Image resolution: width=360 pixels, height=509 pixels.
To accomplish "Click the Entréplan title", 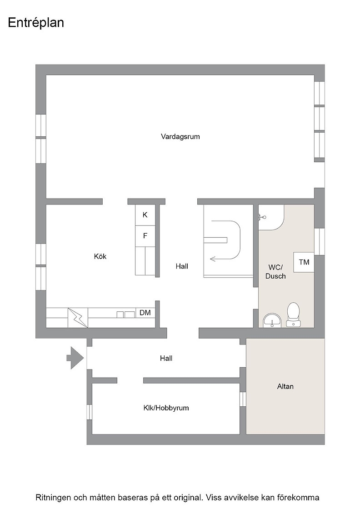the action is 36,23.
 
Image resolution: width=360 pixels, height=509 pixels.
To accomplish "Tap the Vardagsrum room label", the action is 180,136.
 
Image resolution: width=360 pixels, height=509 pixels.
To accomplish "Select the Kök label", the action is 100,256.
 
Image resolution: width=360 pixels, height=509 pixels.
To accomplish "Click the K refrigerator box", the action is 145,215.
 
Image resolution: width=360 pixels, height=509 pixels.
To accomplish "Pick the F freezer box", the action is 145,236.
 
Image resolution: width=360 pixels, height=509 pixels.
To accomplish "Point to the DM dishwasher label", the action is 145,313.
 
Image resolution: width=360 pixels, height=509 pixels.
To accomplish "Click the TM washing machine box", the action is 304,262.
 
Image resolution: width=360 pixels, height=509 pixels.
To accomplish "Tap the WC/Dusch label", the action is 275,272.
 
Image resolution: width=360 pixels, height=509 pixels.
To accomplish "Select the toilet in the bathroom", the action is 293,314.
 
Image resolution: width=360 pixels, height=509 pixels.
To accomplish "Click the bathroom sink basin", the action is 272,320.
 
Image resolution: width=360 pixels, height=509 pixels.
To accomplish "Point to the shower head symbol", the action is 262,217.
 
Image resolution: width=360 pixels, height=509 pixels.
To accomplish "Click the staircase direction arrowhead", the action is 214,259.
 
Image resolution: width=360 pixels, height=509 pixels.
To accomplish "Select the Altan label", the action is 285,386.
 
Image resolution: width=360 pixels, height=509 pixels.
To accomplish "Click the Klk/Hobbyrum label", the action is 166,408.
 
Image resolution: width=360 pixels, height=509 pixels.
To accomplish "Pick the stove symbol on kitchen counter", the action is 78,318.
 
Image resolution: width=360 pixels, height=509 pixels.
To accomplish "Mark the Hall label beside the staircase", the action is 182,266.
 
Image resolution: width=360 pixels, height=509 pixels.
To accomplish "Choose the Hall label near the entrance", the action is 166,359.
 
